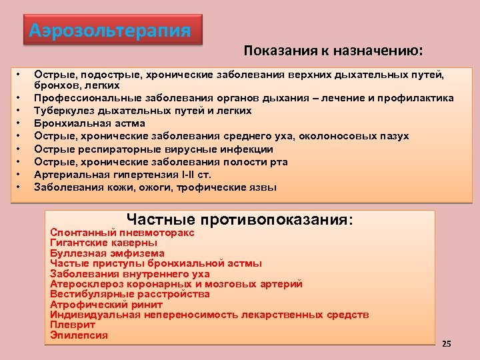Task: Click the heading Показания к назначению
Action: point(333,51)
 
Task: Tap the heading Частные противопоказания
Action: point(239,220)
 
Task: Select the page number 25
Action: point(446,343)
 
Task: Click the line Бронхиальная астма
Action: point(89,123)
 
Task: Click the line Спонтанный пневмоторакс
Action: point(123,233)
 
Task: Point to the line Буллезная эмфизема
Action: point(107,253)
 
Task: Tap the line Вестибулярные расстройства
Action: point(130,294)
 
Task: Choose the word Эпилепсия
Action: point(79,335)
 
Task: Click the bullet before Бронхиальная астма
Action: point(21,123)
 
